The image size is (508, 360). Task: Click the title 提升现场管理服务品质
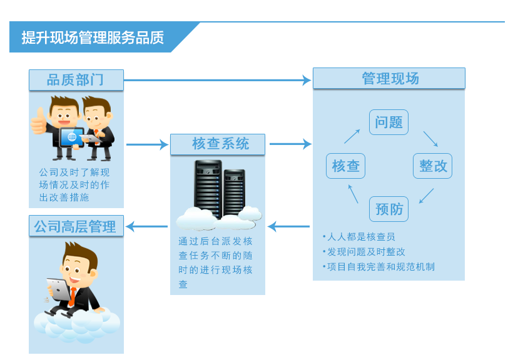coord(93,37)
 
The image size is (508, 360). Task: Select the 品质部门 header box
coord(76,80)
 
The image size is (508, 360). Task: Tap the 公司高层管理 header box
coord(76,226)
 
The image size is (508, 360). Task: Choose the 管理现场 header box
coord(389,79)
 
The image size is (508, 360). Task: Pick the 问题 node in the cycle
coord(389,122)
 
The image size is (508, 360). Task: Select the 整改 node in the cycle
coord(432,166)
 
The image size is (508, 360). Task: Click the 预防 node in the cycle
coord(389,209)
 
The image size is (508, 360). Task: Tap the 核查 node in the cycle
coord(345,166)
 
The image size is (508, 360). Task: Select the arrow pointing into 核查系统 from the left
coord(148,145)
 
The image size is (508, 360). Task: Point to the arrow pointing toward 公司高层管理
coord(148,226)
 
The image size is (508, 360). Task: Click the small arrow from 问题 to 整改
coord(430,139)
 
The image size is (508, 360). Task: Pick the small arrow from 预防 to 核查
coord(353,193)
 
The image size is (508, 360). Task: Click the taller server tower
coord(208,187)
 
